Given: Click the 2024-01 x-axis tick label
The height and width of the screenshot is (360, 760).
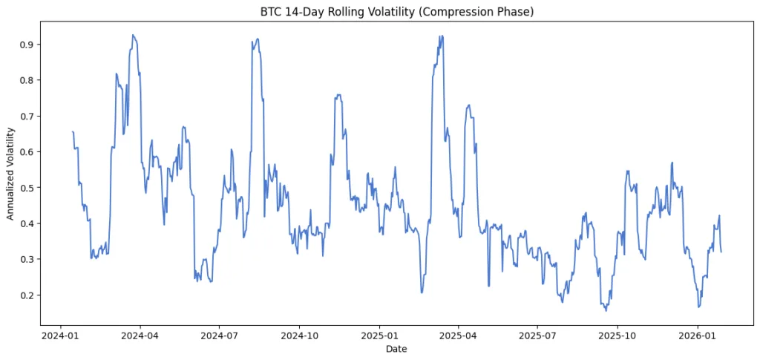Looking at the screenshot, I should point(61,335).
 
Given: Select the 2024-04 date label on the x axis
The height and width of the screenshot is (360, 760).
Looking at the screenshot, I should point(140,335).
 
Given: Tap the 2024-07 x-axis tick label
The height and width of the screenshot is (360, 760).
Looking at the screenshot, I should point(220,335).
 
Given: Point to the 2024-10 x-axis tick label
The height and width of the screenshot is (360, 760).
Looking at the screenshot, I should point(299,335).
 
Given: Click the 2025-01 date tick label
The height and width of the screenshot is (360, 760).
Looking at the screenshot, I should point(379,335).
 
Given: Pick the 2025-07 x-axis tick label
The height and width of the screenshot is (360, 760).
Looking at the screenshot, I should point(537,335).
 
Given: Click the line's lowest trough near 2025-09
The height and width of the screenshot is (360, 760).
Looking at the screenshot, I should point(606,310).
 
